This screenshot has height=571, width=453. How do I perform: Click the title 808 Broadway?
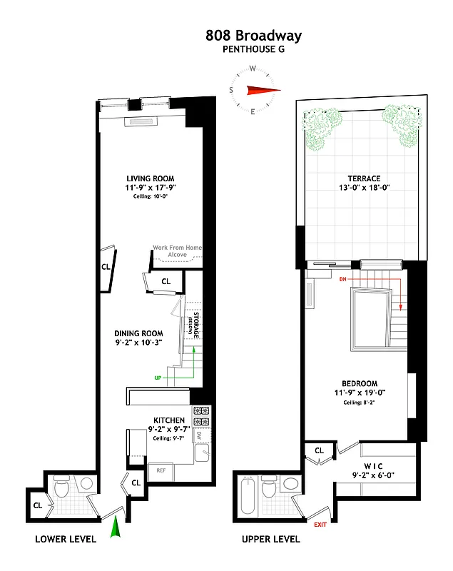[x=253, y=35]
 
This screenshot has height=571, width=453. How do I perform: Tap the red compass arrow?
[x=260, y=90]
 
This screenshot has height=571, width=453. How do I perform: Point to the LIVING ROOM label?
[x=150, y=178]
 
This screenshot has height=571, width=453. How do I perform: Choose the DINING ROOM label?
[x=138, y=333]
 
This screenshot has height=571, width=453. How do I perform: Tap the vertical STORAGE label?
[x=192, y=328]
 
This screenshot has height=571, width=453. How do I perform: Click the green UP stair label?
[x=159, y=377]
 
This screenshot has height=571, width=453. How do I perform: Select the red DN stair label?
[x=343, y=278]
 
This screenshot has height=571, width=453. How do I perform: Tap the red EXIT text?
[x=320, y=525]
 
